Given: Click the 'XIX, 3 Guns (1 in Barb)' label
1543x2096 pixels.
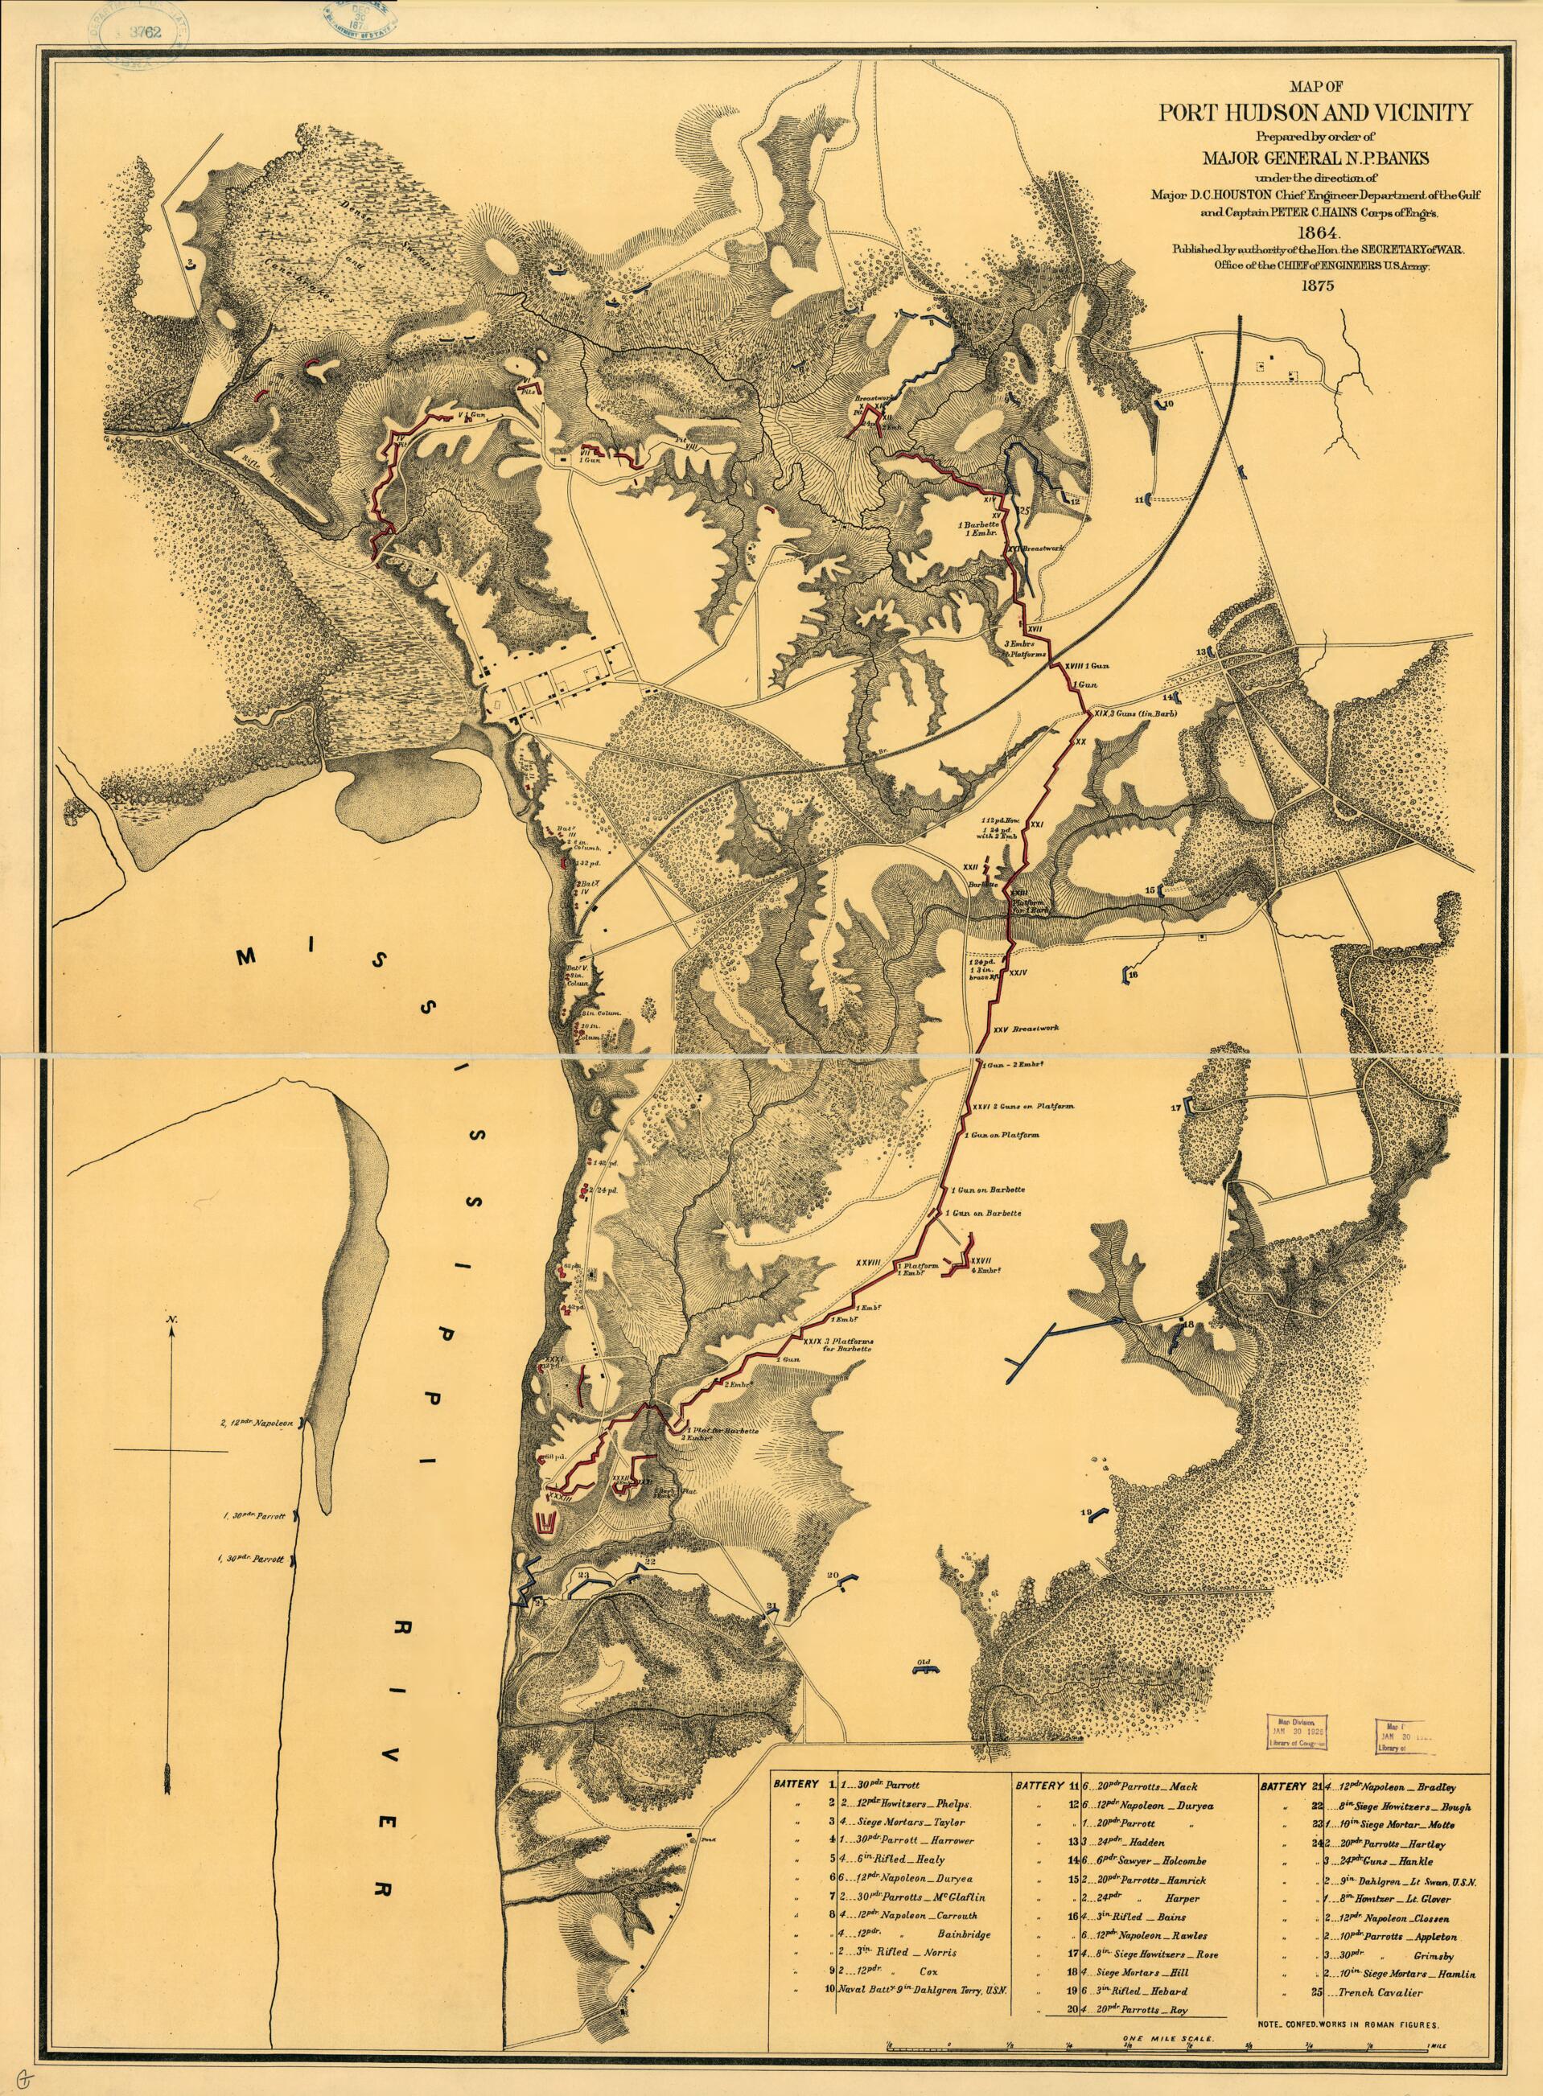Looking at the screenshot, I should click(1132, 713).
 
